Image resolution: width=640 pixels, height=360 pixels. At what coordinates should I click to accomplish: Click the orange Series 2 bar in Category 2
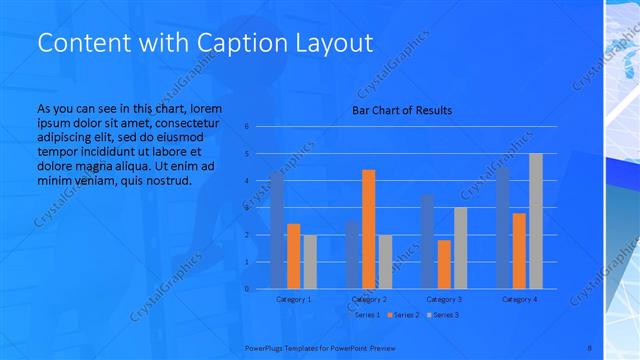click(369, 229)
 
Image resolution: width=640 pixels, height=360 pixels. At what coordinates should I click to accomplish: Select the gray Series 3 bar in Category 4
click(536, 221)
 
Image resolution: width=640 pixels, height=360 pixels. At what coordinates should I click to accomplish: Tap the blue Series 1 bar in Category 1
click(277, 230)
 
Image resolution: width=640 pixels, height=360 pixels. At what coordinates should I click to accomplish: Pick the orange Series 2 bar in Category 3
click(444, 264)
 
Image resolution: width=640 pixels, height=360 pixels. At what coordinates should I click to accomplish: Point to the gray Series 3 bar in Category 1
click(310, 262)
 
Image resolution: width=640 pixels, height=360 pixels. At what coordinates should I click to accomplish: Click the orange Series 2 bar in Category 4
click(519, 251)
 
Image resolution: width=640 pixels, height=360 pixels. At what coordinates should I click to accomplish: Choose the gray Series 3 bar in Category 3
click(460, 248)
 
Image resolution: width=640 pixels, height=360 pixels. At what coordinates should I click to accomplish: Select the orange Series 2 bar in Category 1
click(293, 256)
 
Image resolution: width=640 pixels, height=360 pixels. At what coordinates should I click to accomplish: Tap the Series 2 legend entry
click(403, 315)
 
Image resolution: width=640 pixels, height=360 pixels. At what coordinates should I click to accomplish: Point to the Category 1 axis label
click(293, 299)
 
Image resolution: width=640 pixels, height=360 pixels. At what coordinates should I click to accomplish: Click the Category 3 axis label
click(444, 299)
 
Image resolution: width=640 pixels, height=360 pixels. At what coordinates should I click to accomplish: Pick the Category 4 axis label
click(519, 299)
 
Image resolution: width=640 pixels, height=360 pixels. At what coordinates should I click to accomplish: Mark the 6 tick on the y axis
click(247, 127)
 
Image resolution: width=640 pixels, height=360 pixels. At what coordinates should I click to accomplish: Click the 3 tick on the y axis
click(247, 208)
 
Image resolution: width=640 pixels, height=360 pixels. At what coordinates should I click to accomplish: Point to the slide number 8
click(589, 348)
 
